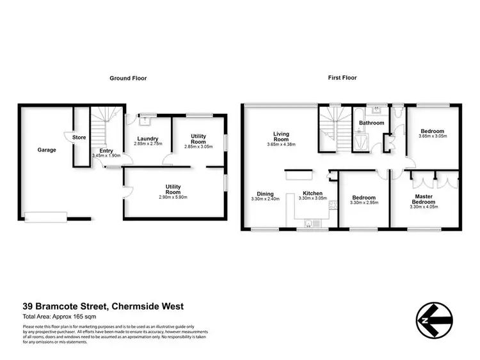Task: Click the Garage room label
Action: pos(46,150)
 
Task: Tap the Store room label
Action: pos(79,137)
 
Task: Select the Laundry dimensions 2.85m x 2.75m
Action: pos(148,145)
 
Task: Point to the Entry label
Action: pos(106,150)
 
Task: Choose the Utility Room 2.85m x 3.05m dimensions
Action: pos(198,146)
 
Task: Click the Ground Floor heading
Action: pos(129,78)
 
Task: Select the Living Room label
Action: pos(282,137)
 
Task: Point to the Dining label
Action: pos(265,193)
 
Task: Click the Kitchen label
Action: pos(313,193)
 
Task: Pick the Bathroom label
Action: pos(371,123)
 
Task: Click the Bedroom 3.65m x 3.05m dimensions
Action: pos(433,136)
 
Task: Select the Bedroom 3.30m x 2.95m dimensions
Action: pos(365,203)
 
